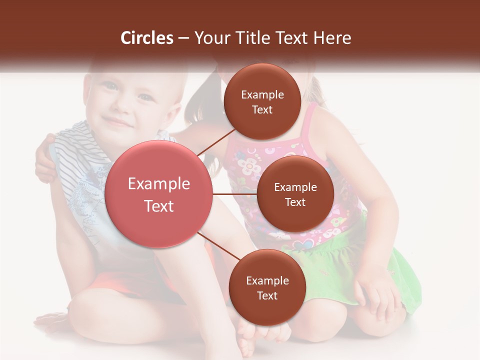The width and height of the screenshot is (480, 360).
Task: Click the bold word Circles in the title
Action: [147, 38]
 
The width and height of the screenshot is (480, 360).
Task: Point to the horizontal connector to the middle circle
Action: [234, 194]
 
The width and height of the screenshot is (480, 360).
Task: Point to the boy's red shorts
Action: [125, 280]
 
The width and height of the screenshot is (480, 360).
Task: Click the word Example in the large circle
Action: [158, 184]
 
